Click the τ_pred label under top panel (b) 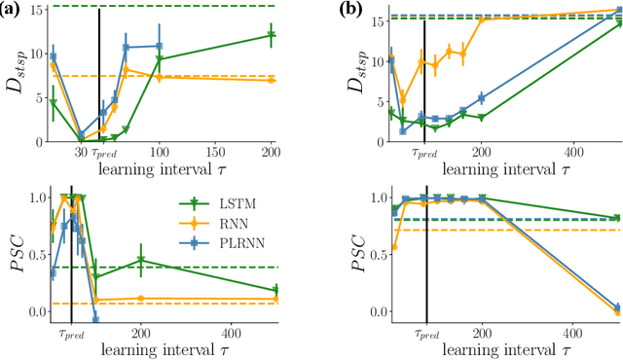coord(424,153)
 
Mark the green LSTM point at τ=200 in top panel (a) coord(271,35)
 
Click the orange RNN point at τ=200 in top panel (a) coord(271,80)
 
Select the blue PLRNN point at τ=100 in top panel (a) coord(160,46)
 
